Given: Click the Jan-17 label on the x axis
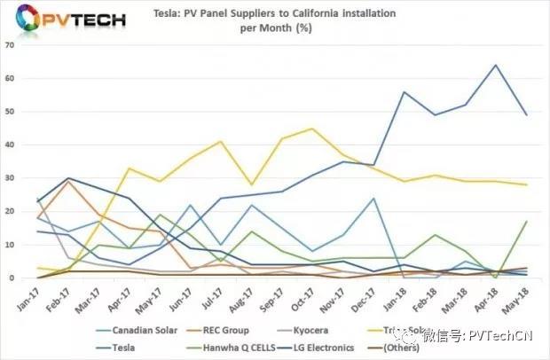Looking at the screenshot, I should tap(21, 294).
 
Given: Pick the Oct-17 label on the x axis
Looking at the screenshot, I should tap(311, 294).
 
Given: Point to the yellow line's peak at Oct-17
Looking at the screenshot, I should tap(311, 129).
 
